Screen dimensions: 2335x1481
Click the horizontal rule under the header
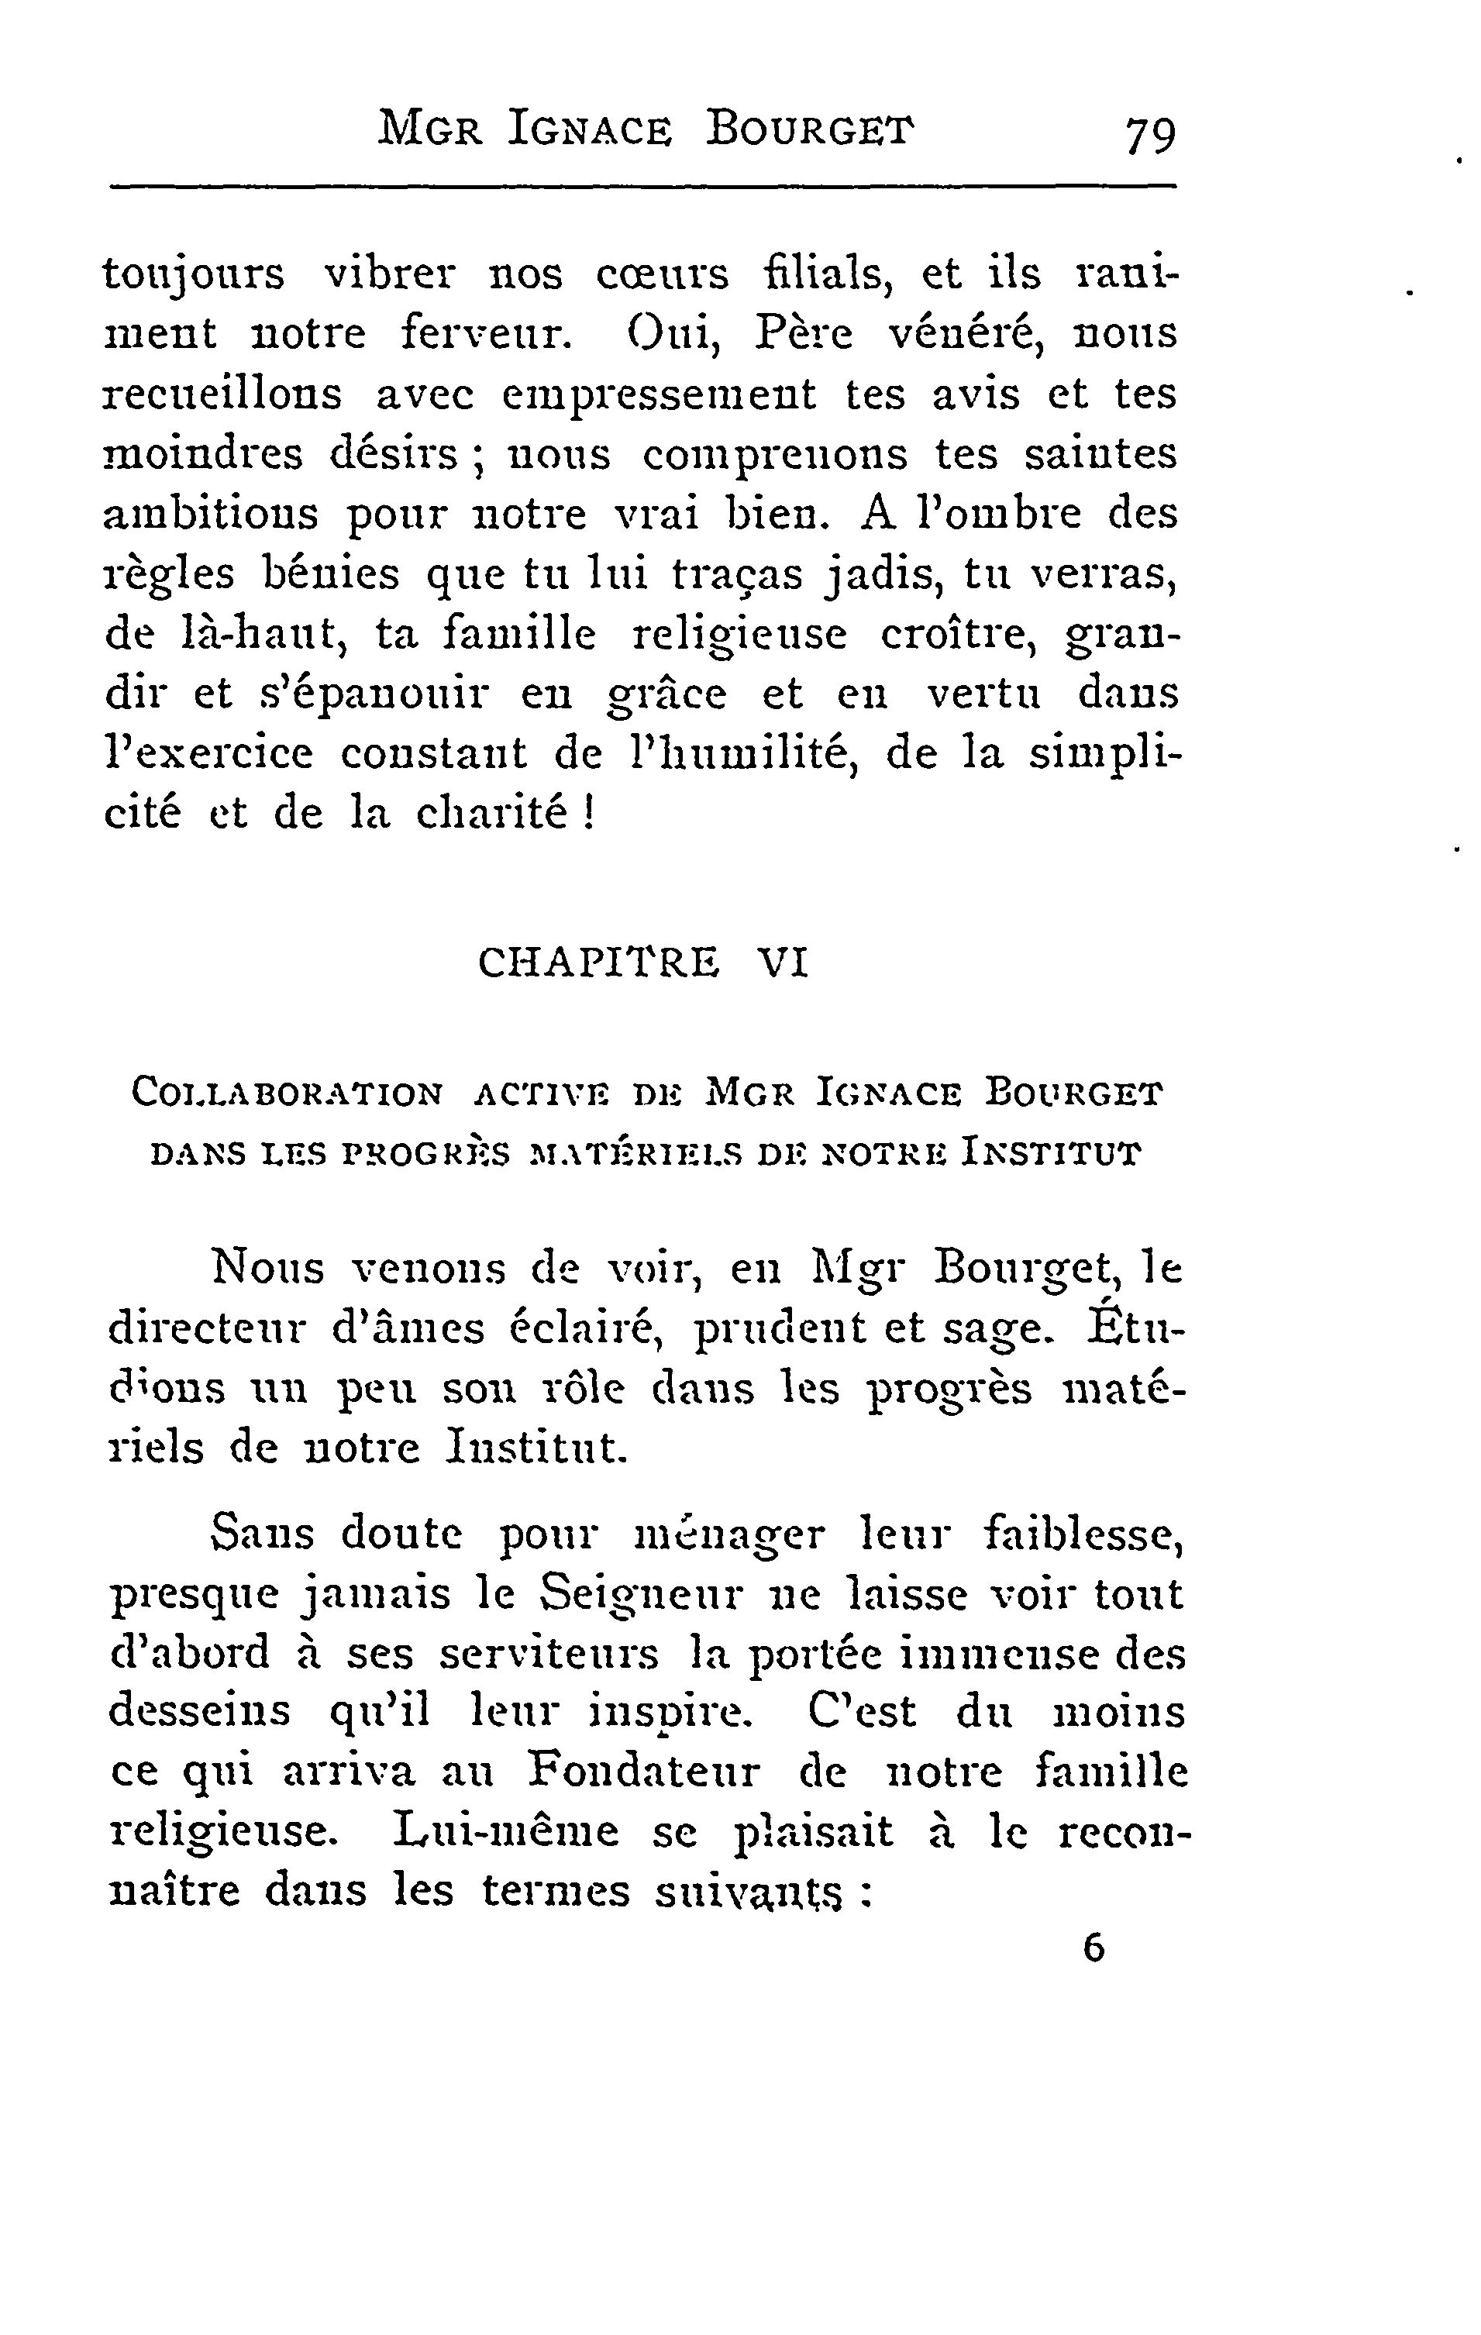643,184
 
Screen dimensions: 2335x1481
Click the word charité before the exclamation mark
491,814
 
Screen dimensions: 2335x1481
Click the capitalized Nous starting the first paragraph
267,1267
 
